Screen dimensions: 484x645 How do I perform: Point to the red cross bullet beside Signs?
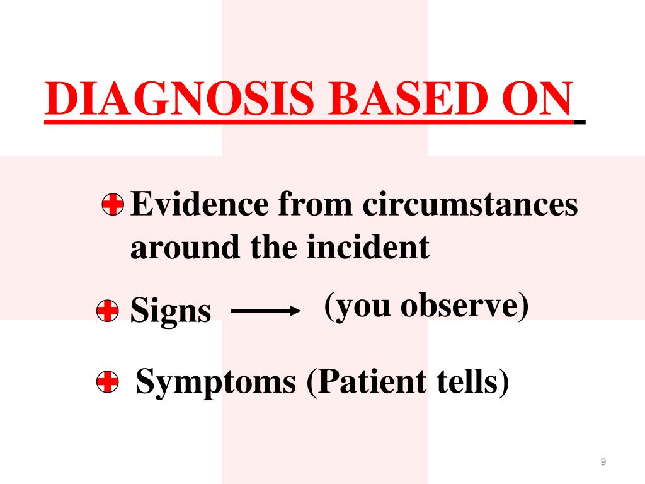click(x=108, y=311)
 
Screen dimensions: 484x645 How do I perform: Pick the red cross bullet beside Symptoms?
click(x=108, y=382)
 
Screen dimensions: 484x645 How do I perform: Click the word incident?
click(x=368, y=248)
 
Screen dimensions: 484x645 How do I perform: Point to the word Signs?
click(x=170, y=311)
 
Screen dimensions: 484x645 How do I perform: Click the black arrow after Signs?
click(x=264, y=311)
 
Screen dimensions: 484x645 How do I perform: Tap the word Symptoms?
click(x=216, y=383)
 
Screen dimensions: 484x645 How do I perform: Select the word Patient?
click(x=363, y=381)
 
